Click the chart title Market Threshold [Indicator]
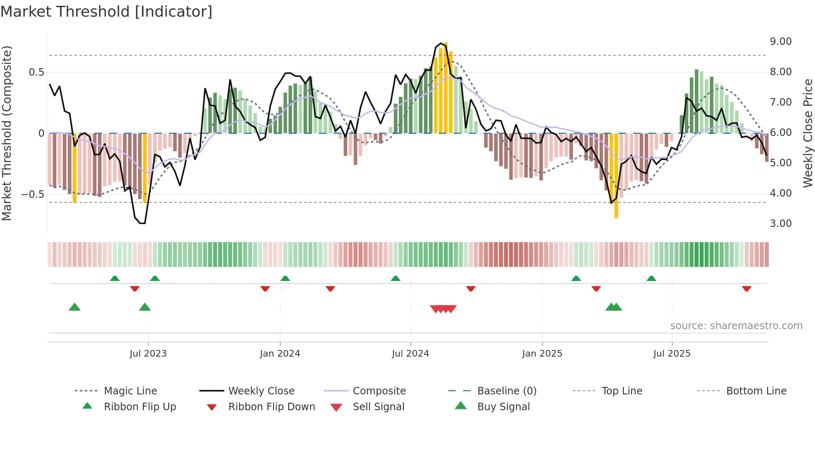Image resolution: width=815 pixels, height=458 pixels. [x=106, y=12]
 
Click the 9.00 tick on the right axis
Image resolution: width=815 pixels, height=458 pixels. [x=780, y=42]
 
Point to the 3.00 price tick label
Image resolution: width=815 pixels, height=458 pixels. [x=780, y=224]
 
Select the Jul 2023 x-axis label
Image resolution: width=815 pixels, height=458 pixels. [x=148, y=354]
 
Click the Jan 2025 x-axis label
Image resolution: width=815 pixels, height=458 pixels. [x=542, y=354]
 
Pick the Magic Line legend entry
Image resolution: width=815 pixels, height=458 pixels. [x=130, y=391]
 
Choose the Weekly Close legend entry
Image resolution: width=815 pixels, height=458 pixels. [x=261, y=391]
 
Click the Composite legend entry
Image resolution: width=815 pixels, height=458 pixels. [x=379, y=391]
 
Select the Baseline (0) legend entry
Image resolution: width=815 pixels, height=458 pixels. [x=506, y=391]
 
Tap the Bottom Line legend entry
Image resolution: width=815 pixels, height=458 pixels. [x=756, y=391]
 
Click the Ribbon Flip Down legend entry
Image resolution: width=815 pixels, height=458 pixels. [x=272, y=407]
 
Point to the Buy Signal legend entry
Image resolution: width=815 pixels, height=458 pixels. [x=503, y=407]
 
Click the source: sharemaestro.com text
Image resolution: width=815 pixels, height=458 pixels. [x=736, y=326]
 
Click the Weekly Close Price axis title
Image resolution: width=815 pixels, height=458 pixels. [x=808, y=133]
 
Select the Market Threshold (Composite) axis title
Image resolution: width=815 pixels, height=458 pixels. [x=7, y=133]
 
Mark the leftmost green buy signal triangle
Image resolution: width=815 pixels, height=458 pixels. [x=74, y=307]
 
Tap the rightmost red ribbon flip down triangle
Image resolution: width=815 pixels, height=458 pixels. [x=746, y=288]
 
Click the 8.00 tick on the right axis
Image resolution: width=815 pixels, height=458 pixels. [x=780, y=72]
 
